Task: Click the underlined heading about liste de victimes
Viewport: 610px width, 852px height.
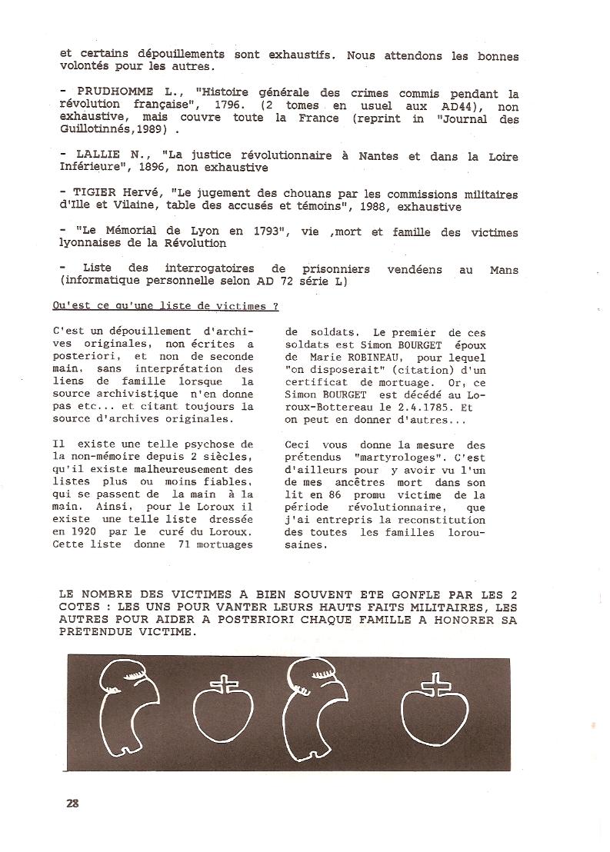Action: [x=165, y=305]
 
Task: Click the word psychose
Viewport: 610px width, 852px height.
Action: [x=207, y=444]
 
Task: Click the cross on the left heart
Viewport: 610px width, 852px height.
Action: [x=223, y=683]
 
